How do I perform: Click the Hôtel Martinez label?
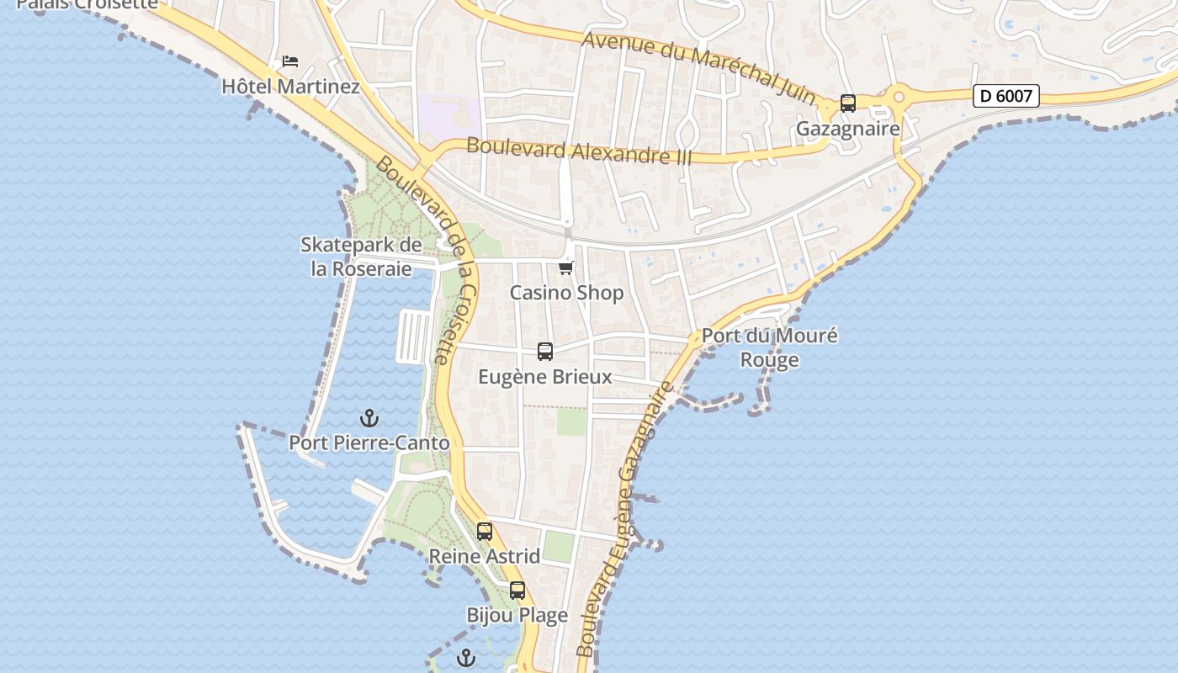tap(290, 87)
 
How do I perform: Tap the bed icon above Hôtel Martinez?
tap(290, 61)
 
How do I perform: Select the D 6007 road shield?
tap(1006, 96)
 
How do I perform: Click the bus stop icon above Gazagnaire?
tap(848, 103)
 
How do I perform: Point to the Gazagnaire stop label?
tap(848, 129)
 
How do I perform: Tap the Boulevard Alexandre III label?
tap(579, 151)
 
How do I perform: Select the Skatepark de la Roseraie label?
tap(361, 257)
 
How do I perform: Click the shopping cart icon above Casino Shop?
tap(566, 268)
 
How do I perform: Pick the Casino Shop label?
tap(566, 293)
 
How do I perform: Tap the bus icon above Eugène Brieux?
tap(545, 352)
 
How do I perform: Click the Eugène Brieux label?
tap(545, 377)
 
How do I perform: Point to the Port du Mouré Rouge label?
tap(769, 347)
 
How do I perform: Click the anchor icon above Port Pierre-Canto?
tap(369, 417)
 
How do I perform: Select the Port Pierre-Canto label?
tap(369, 442)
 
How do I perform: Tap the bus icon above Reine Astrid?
tap(485, 532)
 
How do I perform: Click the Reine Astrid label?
tap(485, 556)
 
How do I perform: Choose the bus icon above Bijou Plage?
tap(517, 591)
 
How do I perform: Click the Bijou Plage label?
tap(517, 615)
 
